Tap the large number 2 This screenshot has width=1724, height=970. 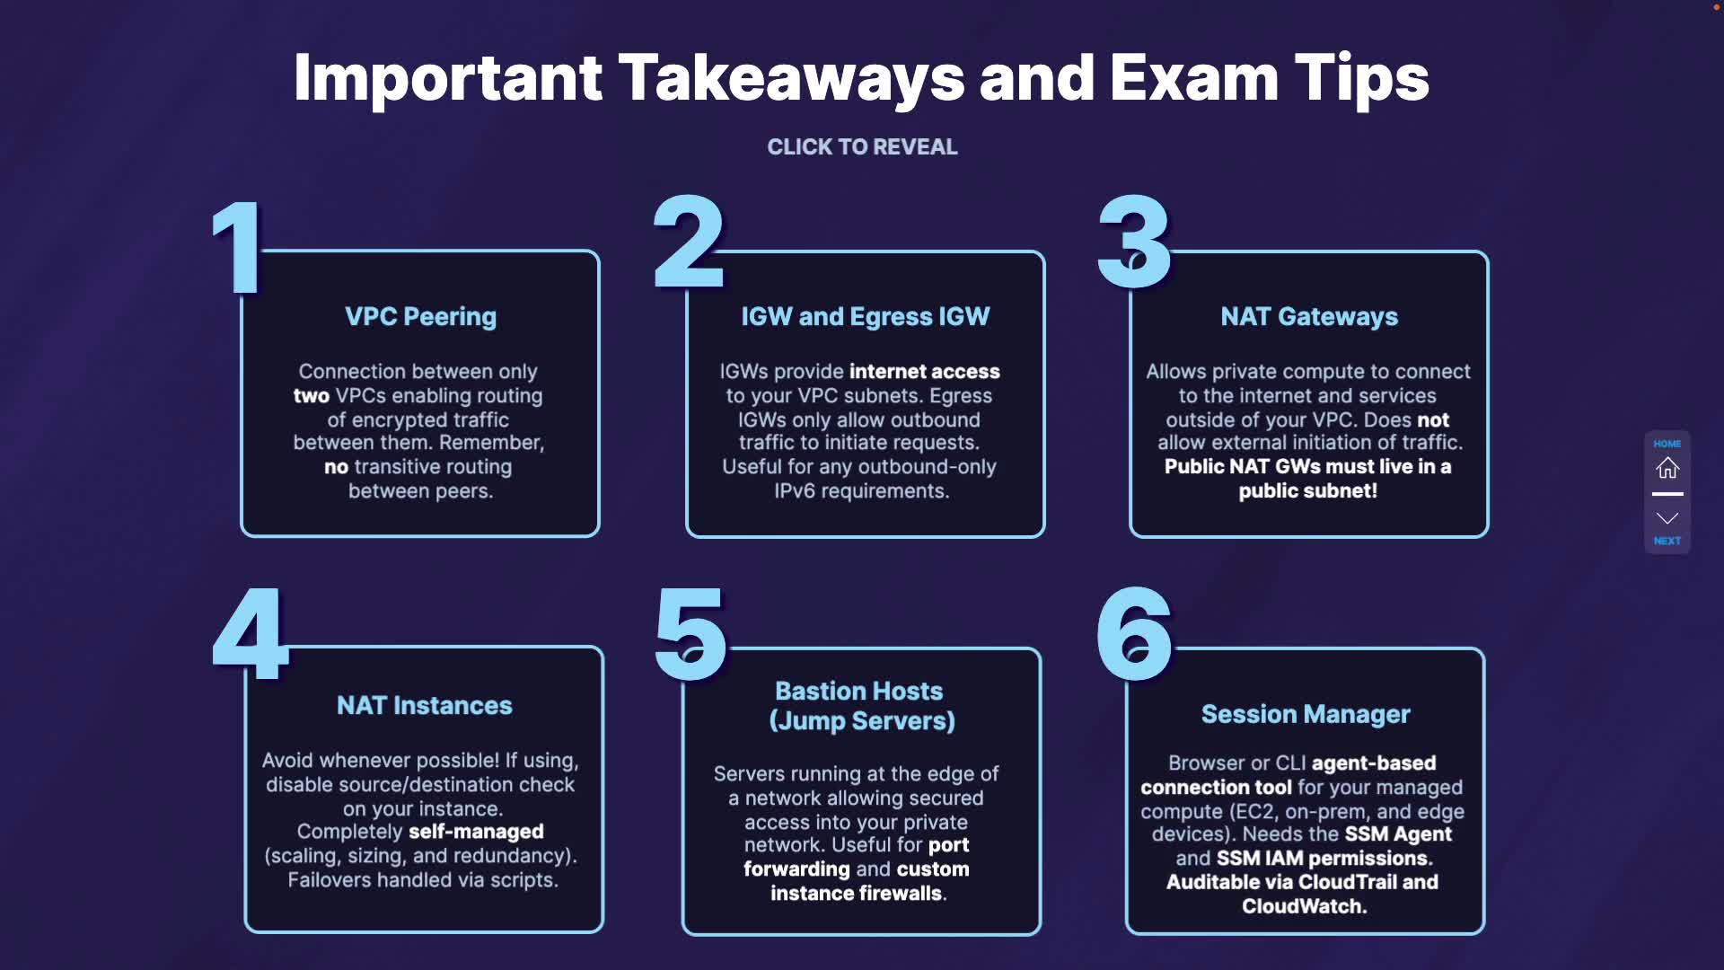(x=689, y=242)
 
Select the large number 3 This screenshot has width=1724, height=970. (x=1134, y=242)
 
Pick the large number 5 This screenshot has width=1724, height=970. (x=690, y=634)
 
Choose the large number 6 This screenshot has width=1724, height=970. (x=1134, y=634)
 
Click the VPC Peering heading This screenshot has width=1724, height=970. (x=420, y=316)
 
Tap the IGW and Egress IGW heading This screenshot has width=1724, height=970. (x=865, y=316)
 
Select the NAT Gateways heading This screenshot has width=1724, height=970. (x=1308, y=316)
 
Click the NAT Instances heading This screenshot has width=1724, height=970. (x=424, y=705)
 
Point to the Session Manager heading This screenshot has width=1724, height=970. (x=1306, y=714)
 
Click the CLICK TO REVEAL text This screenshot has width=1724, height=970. (x=862, y=146)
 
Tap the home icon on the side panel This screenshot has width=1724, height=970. (x=1667, y=468)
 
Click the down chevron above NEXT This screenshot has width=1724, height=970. (x=1667, y=518)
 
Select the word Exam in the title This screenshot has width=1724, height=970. (x=1193, y=78)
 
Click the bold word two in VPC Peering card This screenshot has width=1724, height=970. (x=312, y=396)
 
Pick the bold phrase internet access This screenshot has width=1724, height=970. (x=924, y=372)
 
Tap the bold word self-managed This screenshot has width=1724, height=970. (x=476, y=832)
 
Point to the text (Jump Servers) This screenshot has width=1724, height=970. (x=862, y=721)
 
